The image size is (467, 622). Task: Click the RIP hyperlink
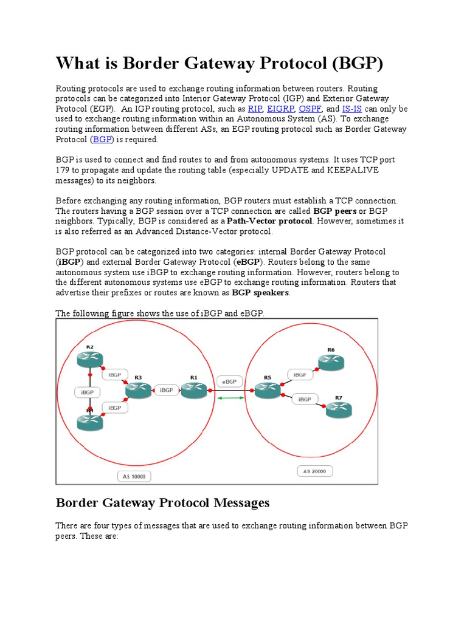255,109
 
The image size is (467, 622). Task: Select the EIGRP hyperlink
280,109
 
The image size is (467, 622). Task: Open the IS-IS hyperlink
351,109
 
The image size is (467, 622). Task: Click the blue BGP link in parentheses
102,139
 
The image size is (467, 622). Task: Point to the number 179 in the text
63,170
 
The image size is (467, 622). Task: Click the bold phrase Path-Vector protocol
269,221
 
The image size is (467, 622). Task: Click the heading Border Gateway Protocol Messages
162,503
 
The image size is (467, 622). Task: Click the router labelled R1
195,390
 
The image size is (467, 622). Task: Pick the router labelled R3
138,391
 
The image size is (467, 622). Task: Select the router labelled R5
267,390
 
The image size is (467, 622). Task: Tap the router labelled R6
331,361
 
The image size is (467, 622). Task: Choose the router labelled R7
339,409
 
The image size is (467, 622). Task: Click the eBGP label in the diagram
229,382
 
